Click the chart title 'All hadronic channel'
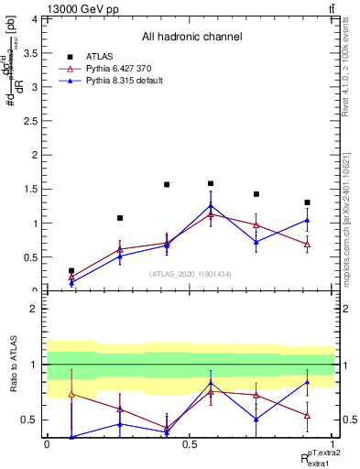pos(191,37)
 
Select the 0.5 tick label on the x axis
pos(190,444)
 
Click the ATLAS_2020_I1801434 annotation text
pos(191,275)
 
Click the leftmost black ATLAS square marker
pos(71,271)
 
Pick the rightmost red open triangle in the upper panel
pos(307,245)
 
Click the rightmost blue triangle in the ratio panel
pos(307,382)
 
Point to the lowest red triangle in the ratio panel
pos(167,428)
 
